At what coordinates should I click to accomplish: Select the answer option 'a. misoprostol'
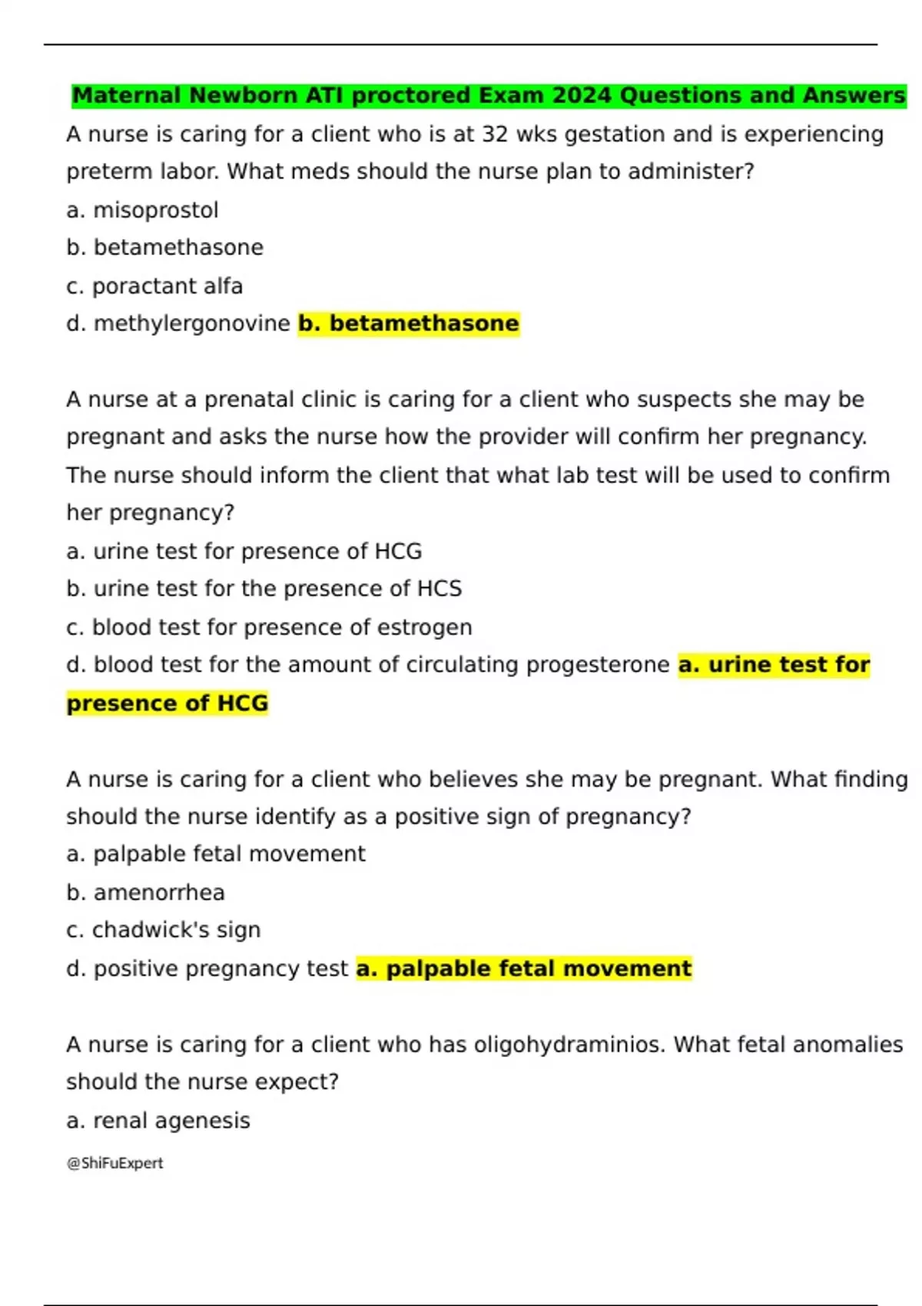pyautogui.click(x=142, y=210)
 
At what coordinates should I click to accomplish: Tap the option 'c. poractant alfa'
pyautogui.click(x=154, y=286)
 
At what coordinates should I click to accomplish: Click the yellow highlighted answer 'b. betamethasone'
pyautogui.click(x=409, y=323)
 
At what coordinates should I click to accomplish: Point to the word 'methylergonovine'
pyautogui.click(x=191, y=323)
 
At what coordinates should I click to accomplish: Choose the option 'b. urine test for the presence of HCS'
pyautogui.click(x=264, y=588)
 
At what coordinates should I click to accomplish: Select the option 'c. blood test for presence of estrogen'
pyautogui.click(x=269, y=627)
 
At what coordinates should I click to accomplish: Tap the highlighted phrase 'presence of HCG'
pyautogui.click(x=167, y=703)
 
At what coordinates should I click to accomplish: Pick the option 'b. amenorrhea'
pyautogui.click(x=145, y=892)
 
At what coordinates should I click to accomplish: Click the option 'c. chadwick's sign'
pyautogui.click(x=164, y=930)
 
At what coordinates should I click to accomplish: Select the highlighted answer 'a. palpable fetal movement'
pyautogui.click(x=524, y=968)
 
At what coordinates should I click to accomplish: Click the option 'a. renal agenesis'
pyautogui.click(x=158, y=1120)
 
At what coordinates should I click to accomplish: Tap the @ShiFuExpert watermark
pyautogui.click(x=115, y=1163)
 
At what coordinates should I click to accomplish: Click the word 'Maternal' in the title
pyautogui.click(x=126, y=95)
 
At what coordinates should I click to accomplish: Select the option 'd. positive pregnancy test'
pyautogui.click(x=207, y=968)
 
